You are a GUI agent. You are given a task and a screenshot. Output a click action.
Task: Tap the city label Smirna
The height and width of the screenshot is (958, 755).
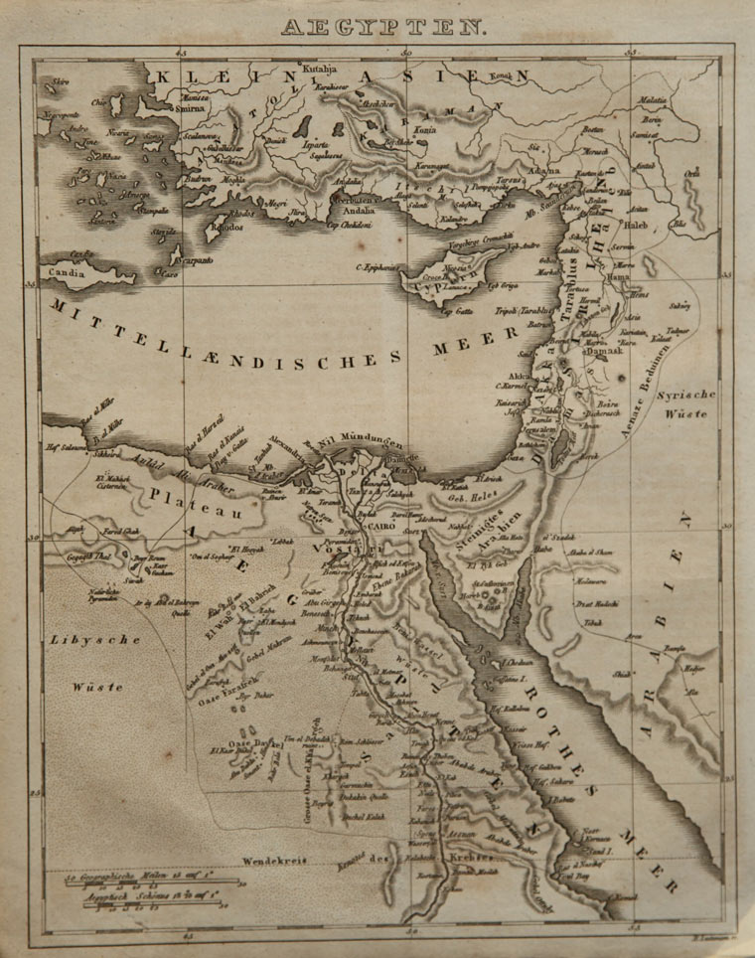coord(195,111)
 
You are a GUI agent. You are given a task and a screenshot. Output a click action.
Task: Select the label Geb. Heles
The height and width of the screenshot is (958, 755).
coord(471,495)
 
